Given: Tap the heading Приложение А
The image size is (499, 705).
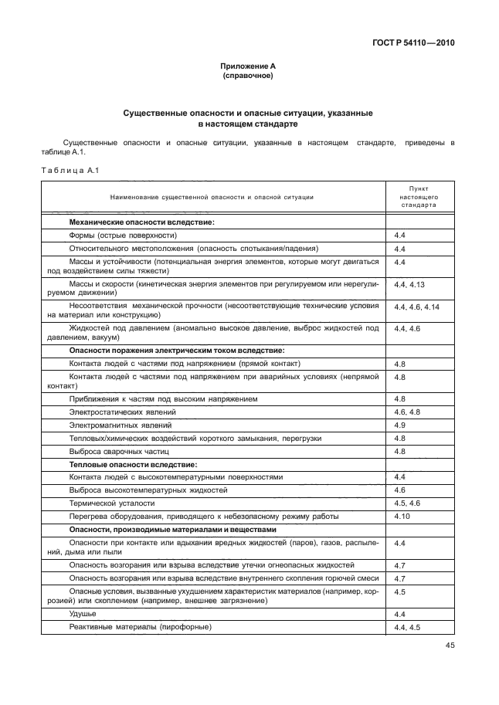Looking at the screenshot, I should click(x=249, y=67).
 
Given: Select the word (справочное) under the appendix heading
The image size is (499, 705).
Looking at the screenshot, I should click(x=249, y=76).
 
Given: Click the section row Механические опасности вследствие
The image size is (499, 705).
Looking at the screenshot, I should click(x=141, y=222).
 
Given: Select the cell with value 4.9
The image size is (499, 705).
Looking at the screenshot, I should click(x=400, y=425).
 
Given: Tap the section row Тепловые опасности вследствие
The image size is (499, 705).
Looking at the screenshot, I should click(x=133, y=464).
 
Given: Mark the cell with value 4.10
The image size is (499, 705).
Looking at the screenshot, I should click(x=402, y=515).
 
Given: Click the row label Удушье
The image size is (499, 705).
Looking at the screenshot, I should click(x=83, y=613).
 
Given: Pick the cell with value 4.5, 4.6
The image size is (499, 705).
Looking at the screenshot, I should click(x=406, y=503).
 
